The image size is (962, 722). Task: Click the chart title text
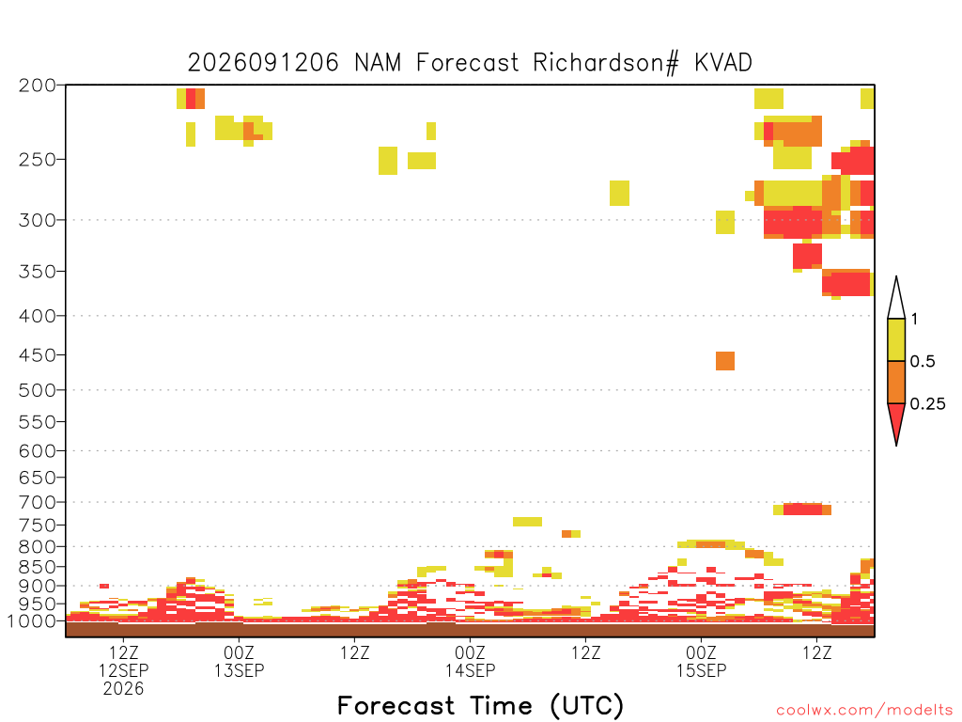pos(470,63)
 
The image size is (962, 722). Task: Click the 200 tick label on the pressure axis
pos(38,86)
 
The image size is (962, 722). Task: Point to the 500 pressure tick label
pos(38,390)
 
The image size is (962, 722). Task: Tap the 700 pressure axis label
pos(38,502)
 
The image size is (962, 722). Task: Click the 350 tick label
pos(38,272)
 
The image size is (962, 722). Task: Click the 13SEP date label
pos(239,670)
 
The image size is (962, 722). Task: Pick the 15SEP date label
pos(701,670)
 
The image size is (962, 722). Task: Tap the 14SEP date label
pos(470,670)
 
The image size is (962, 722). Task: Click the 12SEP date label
pos(123,670)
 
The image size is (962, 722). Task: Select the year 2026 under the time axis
pos(123,689)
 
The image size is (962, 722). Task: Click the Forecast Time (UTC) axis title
pos(480,706)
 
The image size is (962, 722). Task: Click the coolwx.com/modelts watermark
pos(865,711)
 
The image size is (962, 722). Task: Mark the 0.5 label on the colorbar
pos(923,362)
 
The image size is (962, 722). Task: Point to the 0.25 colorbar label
pos(927,404)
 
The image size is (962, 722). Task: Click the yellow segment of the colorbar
pos(896,339)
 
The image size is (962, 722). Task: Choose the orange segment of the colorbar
pos(896,382)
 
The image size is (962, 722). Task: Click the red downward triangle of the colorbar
pos(896,420)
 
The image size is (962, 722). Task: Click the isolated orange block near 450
pos(725,361)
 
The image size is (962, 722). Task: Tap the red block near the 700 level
pos(802,509)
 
